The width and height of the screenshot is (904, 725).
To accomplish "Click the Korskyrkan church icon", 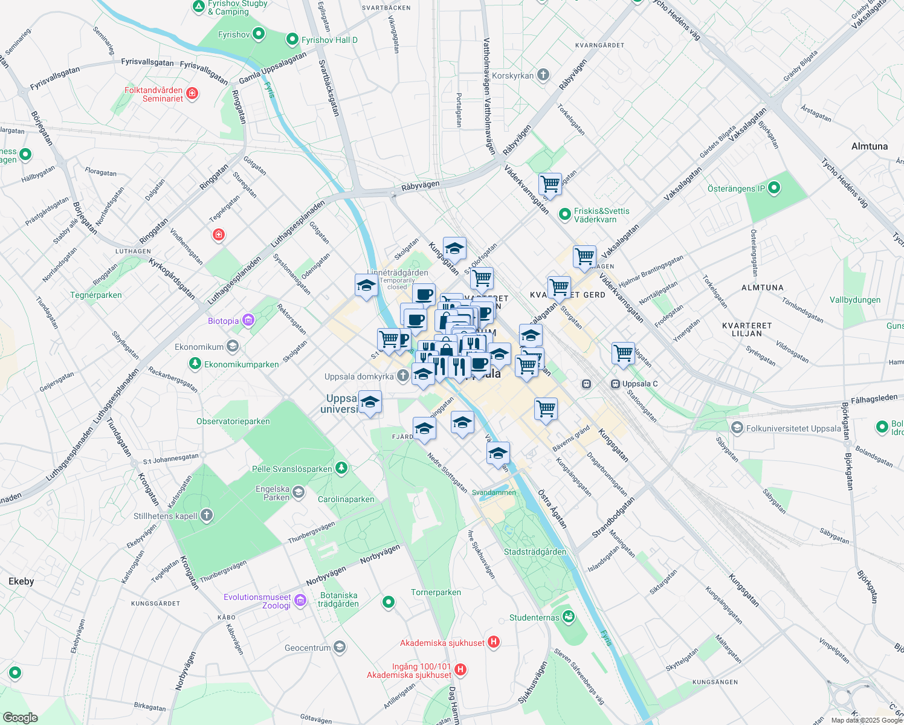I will [x=543, y=75].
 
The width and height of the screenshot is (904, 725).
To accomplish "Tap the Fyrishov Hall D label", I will [x=329, y=40].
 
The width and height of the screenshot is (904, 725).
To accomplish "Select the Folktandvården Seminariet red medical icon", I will [x=192, y=94].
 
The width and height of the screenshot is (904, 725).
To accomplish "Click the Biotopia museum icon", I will [x=248, y=320].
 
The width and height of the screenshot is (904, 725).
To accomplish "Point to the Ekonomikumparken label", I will [x=241, y=364].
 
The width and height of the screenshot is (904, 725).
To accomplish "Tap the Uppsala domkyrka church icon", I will [x=403, y=376].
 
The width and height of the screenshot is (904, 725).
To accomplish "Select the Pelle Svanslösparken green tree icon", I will [x=341, y=468].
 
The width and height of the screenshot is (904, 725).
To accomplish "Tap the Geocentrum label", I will [x=308, y=648].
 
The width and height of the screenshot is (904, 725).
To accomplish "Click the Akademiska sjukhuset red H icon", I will [x=494, y=642].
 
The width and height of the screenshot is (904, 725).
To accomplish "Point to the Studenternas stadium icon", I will [x=567, y=617].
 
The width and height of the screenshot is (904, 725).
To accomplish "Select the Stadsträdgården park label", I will [x=535, y=552].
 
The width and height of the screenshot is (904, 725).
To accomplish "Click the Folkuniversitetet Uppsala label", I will [x=793, y=428].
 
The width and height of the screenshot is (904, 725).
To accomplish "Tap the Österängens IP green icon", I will [x=773, y=188].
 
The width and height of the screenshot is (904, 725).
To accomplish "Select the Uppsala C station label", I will [x=639, y=384].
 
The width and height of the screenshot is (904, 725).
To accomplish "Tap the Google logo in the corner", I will [x=21, y=717].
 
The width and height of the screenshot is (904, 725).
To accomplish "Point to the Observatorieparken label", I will [x=233, y=421].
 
